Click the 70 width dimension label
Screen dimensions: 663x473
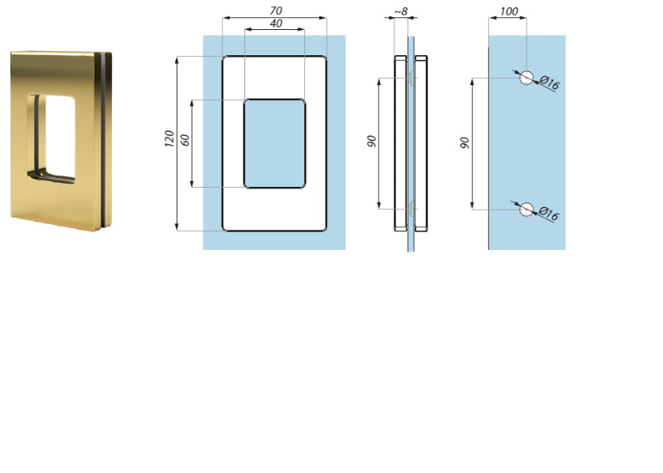pyautogui.click(x=276, y=10)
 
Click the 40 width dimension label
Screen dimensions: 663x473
pyautogui.click(x=276, y=24)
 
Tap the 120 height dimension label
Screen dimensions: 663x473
pyautogui.click(x=169, y=139)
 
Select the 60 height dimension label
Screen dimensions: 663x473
pyautogui.click(x=185, y=140)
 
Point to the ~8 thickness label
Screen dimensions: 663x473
pyautogui.click(x=400, y=11)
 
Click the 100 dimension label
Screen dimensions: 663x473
pyautogui.click(x=508, y=11)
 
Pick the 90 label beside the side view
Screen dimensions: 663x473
pyautogui.click(x=371, y=141)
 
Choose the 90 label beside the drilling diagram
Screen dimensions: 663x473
pyautogui.click(x=464, y=143)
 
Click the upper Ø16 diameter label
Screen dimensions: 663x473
pyautogui.click(x=549, y=83)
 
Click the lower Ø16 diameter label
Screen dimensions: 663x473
pyautogui.click(x=549, y=214)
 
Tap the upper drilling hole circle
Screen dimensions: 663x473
pyautogui.click(x=527, y=78)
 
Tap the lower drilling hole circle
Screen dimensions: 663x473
pyautogui.click(x=527, y=209)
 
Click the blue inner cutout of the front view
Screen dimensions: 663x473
pyautogui.click(x=275, y=143)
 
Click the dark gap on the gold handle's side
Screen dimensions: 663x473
pyautogui.click(x=102, y=141)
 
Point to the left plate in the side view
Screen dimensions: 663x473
pyautogui.click(x=400, y=143)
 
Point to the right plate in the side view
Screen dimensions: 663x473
pyautogui.click(x=421, y=143)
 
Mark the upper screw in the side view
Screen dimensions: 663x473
pyautogui.click(x=411, y=78)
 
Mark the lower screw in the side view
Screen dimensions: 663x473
pyautogui.click(x=411, y=209)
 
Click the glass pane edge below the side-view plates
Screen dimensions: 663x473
pyautogui.click(x=411, y=241)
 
